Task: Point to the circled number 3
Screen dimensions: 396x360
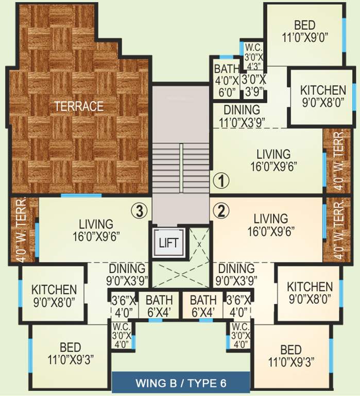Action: coord(140,210)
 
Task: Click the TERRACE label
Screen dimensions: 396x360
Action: coord(79,106)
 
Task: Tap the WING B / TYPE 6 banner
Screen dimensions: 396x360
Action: coord(181,383)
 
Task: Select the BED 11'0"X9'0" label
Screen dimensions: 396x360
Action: coord(304,30)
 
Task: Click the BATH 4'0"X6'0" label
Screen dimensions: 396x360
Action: coord(227,80)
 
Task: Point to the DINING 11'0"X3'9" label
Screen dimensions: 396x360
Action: coord(241,115)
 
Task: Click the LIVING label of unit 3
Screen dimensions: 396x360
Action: coord(96,230)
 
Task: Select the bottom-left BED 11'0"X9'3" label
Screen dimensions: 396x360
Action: coord(70,353)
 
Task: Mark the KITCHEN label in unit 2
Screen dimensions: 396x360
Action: coord(310,292)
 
